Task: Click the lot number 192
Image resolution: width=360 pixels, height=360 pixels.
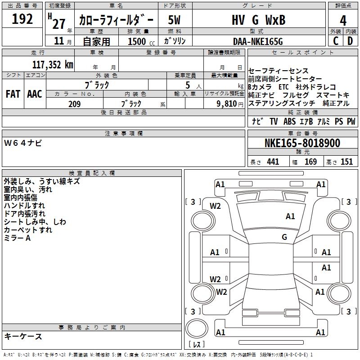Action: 22,19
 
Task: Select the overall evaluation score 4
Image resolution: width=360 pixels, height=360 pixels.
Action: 343,20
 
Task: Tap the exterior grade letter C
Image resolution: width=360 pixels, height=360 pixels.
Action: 335,41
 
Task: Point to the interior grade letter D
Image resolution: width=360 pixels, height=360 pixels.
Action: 351,41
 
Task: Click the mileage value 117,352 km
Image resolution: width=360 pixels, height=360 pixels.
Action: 53,64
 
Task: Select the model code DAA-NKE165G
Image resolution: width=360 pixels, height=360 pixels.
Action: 258,41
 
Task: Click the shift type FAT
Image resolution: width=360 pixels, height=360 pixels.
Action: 13,94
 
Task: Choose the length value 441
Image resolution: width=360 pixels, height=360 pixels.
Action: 273,162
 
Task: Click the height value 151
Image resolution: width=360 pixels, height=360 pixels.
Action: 346,162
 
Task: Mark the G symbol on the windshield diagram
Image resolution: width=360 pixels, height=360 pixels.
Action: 284,237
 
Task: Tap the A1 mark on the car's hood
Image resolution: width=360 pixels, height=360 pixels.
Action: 290,216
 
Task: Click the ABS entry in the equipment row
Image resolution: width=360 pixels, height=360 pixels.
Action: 289,121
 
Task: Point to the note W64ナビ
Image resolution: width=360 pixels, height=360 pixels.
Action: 23,143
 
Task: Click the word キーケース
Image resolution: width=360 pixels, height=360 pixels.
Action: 23,336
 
